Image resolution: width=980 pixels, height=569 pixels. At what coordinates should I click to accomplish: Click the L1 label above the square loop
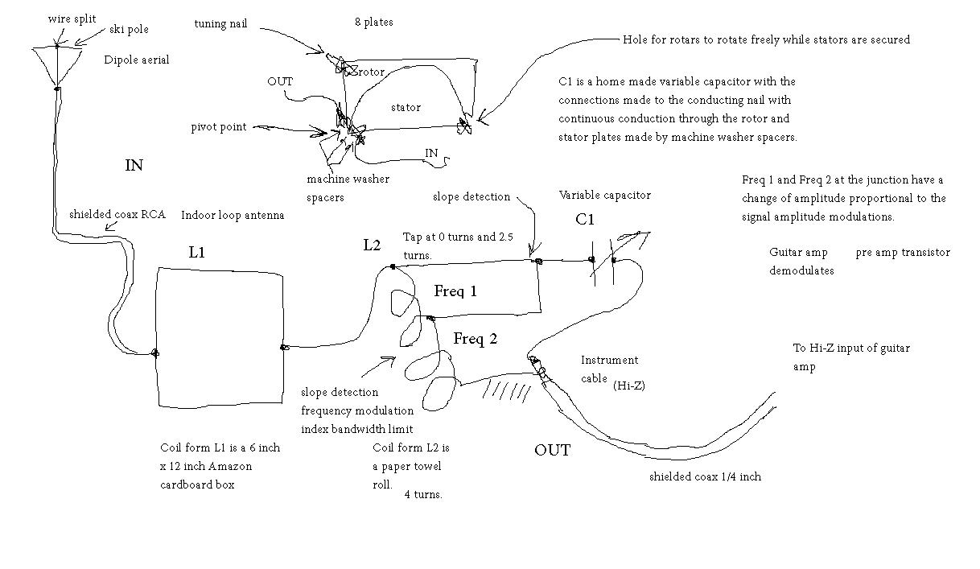tap(196, 252)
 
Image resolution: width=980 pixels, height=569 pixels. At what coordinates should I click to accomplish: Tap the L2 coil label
tap(372, 245)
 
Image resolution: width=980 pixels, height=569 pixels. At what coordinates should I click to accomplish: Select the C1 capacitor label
tap(584, 219)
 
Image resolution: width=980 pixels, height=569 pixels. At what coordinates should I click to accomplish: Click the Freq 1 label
tap(455, 291)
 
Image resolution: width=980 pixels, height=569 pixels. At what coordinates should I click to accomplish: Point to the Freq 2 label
tap(476, 338)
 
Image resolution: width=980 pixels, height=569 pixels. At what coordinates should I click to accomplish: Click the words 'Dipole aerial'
tap(137, 60)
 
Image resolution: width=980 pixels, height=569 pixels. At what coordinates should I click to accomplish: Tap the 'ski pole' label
tap(129, 29)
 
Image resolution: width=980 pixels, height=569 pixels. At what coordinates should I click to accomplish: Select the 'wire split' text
tap(72, 19)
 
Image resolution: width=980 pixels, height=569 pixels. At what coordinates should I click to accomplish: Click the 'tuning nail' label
tap(220, 23)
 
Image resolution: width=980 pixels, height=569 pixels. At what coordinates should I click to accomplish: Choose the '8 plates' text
tap(373, 22)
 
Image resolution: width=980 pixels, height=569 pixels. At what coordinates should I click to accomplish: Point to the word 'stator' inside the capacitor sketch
tap(406, 107)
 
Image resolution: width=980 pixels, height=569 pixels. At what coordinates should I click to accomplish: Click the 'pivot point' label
tap(219, 127)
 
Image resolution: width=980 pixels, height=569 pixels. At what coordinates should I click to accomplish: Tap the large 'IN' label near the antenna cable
tap(134, 165)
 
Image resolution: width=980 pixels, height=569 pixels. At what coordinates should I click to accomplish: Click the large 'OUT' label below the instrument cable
tap(552, 450)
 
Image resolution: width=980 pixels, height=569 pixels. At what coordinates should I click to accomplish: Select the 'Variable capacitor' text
tap(604, 195)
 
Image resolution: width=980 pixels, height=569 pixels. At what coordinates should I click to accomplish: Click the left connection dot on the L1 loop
tap(154, 353)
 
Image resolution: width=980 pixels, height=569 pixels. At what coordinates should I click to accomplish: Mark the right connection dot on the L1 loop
tap(284, 348)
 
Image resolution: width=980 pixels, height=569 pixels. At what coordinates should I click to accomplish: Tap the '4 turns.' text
tap(423, 495)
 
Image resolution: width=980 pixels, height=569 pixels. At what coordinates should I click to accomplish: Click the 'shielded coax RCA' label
tap(117, 214)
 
